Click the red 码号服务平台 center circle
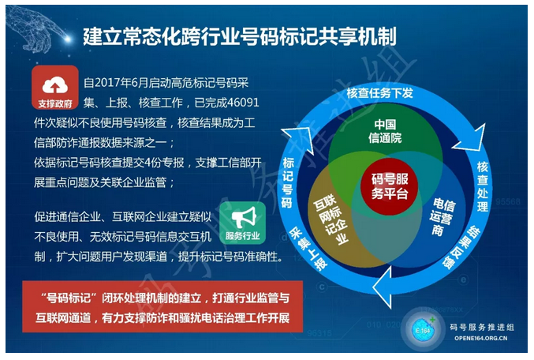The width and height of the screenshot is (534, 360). click(x=390, y=186)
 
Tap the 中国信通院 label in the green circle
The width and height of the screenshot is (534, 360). click(x=385, y=131)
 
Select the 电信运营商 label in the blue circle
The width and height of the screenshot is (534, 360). click(x=442, y=217)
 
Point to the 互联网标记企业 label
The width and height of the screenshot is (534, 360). click(x=330, y=220)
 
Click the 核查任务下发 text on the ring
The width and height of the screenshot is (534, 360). click(x=379, y=92)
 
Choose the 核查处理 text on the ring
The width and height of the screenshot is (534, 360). click(x=483, y=187)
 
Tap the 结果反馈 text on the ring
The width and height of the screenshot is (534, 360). click(x=461, y=247)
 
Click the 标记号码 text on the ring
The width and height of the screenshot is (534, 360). click(x=288, y=182)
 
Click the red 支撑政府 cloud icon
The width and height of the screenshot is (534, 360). click(x=55, y=88)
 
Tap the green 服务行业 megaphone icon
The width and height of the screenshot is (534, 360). click(x=242, y=223)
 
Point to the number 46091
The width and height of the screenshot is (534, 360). click(x=243, y=103)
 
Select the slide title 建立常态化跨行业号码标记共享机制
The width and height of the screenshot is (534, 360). click(x=240, y=36)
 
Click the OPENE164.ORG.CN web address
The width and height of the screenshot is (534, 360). click(x=481, y=338)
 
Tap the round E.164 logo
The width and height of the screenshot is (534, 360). click(x=424, y=330)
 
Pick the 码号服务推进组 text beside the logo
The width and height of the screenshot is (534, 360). click(x=482, y=328)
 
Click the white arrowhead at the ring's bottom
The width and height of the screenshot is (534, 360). click(x=383, y=287)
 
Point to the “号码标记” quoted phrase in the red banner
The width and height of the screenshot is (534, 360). click(x=65, y=298)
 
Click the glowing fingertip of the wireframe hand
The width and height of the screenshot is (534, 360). click(x=67, y=39)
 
